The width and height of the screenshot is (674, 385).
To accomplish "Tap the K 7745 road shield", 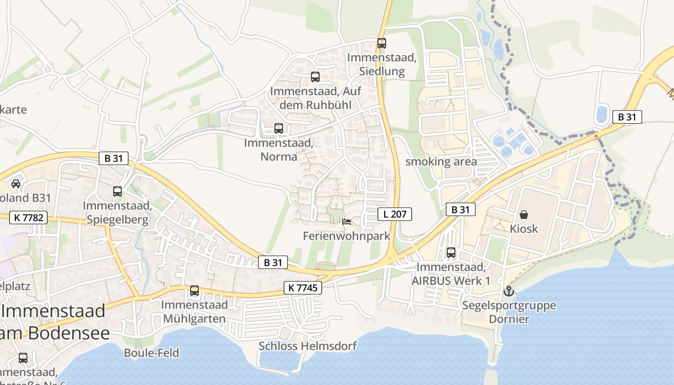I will pyautogui.click(x=302, y=288).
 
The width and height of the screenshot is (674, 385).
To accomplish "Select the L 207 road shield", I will pyautogui.click(x=395, y=214).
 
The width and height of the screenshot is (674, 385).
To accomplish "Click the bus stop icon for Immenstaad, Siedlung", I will pyautogui.click(x=382, y=43).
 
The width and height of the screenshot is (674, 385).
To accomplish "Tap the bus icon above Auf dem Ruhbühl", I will pyautogui.click(x=315, y=77).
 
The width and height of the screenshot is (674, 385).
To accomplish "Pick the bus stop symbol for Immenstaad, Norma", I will pyautogui.click(x=279, y=128).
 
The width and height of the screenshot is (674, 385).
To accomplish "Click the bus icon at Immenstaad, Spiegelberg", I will pyautogui.click(x=117, y=192).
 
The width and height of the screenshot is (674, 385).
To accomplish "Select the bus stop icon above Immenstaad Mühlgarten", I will pyautogui.click(x=194, y=291).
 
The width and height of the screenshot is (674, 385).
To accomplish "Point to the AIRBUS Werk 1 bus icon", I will pyautogui.click(x=451, y=252).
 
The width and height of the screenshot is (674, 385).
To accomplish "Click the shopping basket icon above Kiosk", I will pyautogui.click(x=524, y=215).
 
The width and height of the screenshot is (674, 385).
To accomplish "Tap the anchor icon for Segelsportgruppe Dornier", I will pyautogui.click(x=508, y=291).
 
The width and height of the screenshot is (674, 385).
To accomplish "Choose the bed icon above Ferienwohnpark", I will pyautogui.click(x=346, y=222).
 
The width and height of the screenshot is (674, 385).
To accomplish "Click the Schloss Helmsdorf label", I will pyautogui.click(x=308, y=346).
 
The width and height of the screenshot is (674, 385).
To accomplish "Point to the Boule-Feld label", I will pyautogui.click(x=151, y=353).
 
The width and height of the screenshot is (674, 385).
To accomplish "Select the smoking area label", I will pyautogui.click(x=441, y=162).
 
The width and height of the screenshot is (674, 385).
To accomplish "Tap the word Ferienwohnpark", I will pyautogui.click(x=347, y=236).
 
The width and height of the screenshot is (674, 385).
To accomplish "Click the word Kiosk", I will pyautogui.click(x=524, y=229).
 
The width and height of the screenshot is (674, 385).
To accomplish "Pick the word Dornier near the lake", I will pyautogui.click(x=509, y=319).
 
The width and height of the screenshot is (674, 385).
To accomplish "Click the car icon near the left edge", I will pyautogui.click(x=16, y=183).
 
